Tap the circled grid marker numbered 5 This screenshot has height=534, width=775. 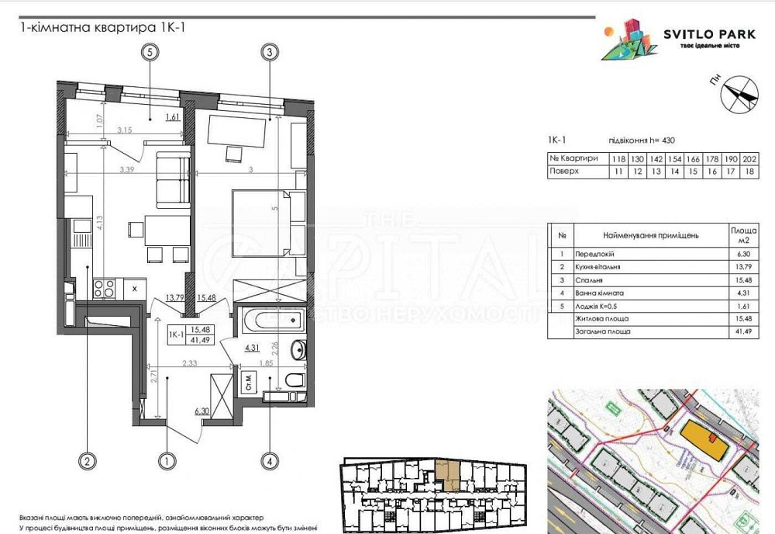pos(150,53)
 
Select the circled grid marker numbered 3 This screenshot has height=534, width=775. pos(269,53)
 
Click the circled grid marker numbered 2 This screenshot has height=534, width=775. pos(88,461)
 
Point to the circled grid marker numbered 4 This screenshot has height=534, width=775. pos(269,461)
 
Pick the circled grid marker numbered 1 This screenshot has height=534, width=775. pos(166,461)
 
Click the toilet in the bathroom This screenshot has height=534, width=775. pos(292,380)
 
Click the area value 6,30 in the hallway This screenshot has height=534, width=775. pos(203,411)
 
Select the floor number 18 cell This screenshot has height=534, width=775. pos(749,172)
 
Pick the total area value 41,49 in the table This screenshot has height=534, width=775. pos(744,331)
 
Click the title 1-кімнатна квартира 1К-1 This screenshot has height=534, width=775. pos(102,27)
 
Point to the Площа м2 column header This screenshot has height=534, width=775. pos(744,234)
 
